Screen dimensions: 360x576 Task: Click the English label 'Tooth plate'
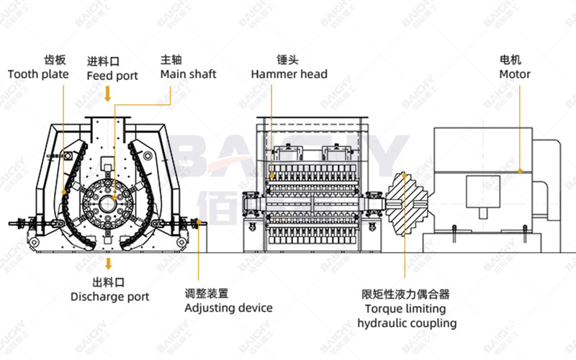click(x=38, y=74)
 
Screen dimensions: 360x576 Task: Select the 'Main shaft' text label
click(x=188, y=74)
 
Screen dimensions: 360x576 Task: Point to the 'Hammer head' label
click(x=289, y=74)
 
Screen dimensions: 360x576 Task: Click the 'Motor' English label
click(x=515, y=74)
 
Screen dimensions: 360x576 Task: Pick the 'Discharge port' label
click(x=109, y=297)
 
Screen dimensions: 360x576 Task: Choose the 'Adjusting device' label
click(x=228, y=307)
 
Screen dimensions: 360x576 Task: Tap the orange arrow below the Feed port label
click(x=108, y=94)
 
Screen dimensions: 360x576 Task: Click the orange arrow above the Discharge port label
click(x=108, y=262)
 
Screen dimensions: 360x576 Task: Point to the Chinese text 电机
click(x=514, y=60)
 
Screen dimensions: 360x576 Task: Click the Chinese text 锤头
click(x=288, y=60)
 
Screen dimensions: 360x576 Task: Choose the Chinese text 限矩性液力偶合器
click(x=406, y=294)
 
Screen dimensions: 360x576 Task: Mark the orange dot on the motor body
click(x=521, y=171)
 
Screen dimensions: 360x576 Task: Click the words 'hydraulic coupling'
click(x=407, y=323)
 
